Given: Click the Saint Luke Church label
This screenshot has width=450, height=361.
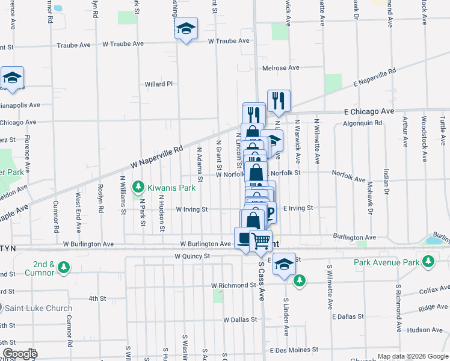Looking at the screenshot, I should pyautogui.click(x=39, y=308).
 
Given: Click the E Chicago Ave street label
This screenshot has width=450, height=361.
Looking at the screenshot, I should pyautogui.click(x=369, y=111).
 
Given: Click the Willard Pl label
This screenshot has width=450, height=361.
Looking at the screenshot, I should pyautogui.click(x=158, y=84).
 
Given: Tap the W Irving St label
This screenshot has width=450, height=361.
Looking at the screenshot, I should pyautogui.click(x=191, y=209).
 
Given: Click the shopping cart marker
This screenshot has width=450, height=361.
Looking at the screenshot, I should pyautogui.click(x=260, y=241).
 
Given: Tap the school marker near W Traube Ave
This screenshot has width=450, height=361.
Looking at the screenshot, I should pyautogui.click(x=186, y=28).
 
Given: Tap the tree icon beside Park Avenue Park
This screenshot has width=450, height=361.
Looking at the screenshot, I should pyautogui.click(x=428, y=262).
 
